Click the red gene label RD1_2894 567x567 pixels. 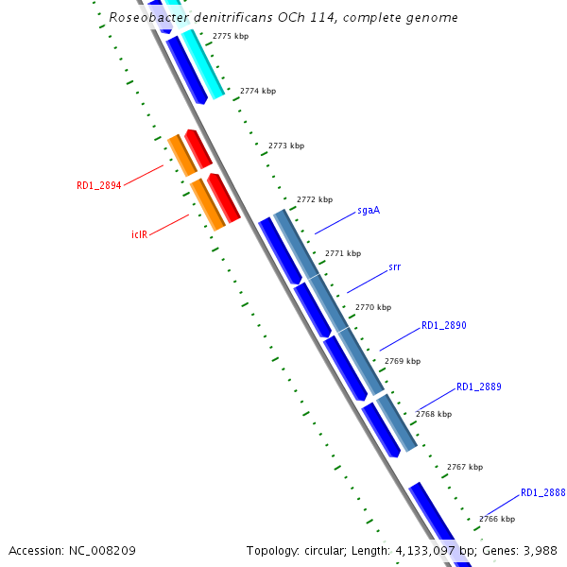(98, 186)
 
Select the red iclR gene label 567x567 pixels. (139, 233)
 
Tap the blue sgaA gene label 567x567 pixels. (369, 210)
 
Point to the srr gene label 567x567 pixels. (394, 267)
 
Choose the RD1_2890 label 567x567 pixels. (443, 325)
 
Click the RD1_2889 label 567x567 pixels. (478, 387)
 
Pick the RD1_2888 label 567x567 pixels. (542, 492)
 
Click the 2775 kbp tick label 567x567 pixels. (231, 36)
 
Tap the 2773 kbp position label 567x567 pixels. (286, 146)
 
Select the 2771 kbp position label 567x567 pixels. (342, 253)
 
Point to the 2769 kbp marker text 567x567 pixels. (403, 361)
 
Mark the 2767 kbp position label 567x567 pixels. (464, 467)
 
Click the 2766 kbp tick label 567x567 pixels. (496, 519)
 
